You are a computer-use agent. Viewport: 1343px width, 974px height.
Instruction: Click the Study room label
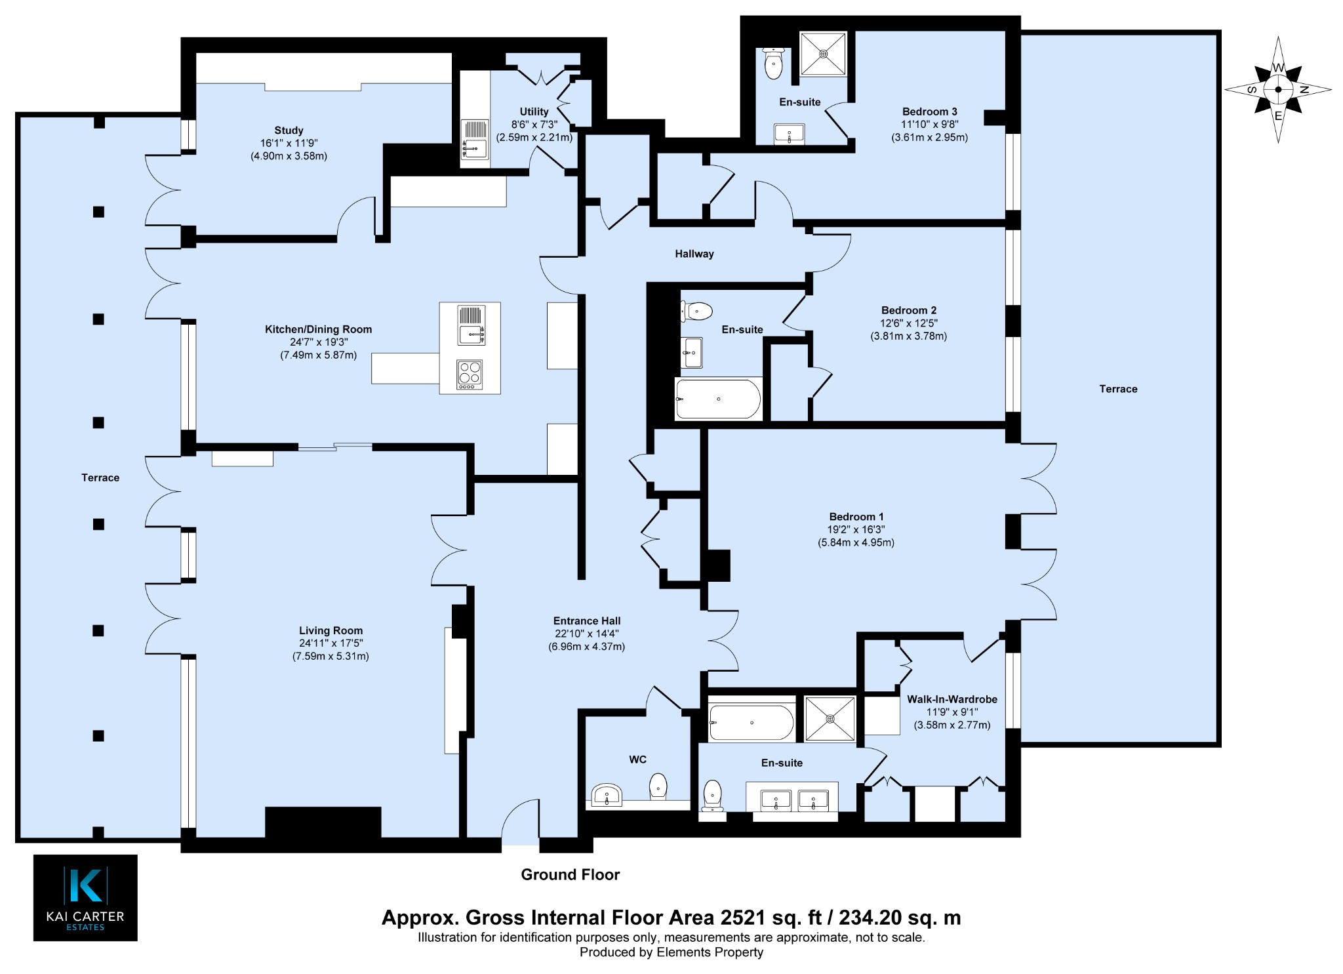(x=289, y=131)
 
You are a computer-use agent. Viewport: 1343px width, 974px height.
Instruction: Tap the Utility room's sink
(x=475, y=139)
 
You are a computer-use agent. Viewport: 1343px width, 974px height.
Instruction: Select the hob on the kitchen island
(x=470, y=375)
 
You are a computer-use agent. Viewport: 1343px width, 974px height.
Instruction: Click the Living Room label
(x=331, y=631)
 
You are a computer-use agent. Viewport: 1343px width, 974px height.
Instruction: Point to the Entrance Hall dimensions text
(x=586, y=640)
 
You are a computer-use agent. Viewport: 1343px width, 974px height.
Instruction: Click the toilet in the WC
(x=658, y=785)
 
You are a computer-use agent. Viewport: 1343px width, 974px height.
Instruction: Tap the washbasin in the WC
(x=607, y=795)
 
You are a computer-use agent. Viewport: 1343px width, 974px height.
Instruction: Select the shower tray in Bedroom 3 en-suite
(x=823, y=54)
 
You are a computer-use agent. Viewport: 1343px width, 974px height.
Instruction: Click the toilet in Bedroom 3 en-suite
(x=774, y=63)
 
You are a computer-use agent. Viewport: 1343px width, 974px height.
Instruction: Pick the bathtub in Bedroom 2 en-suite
(x=718, y=399)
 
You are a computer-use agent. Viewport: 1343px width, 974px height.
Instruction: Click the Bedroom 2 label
(x=908, y=310)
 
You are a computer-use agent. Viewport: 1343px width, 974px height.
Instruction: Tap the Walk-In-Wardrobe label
(x=952, y=699)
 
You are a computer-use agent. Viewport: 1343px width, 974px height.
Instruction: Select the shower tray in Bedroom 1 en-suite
(x=830, y=720)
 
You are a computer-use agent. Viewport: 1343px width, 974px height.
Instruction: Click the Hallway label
(x=694, y=254)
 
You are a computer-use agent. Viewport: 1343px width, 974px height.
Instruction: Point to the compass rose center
(x=1278, y=90)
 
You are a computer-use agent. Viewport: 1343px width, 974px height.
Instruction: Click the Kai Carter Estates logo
(x=85, y=897)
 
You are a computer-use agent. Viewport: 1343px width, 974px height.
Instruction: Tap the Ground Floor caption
(x=570, y=874)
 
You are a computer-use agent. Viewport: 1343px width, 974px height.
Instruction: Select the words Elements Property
(x=710, y=952)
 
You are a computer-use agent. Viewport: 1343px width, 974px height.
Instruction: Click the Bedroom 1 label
(x=856, y=517)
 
